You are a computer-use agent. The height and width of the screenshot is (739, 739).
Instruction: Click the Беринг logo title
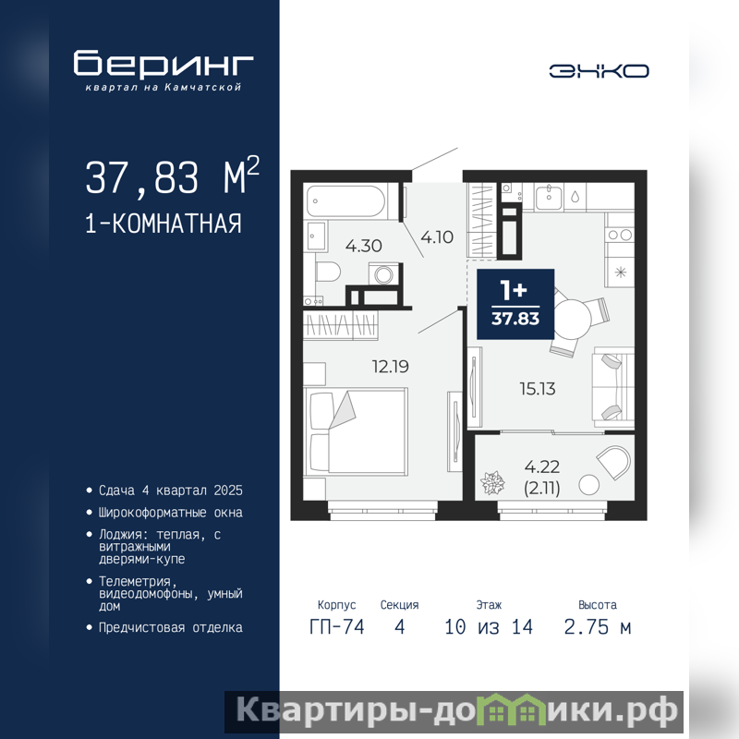[164, 63]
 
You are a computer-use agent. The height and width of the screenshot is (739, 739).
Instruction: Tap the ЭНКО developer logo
[599, 71]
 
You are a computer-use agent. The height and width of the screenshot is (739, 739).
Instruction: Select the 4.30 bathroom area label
[363, 246]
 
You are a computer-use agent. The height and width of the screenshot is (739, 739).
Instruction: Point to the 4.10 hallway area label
[437, 236]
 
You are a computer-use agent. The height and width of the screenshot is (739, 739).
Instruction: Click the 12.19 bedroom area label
[390, 366]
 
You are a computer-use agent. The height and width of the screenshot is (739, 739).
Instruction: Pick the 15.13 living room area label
[538, 389]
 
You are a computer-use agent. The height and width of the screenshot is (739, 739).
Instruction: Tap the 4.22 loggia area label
[542, 466]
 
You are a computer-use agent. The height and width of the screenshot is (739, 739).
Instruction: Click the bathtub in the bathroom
[346, 201]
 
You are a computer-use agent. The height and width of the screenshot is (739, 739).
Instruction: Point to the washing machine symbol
[383, 274]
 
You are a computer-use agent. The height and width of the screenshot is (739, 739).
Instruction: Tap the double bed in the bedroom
[356, 431]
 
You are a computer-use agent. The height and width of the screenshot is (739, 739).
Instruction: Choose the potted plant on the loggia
[492, 482]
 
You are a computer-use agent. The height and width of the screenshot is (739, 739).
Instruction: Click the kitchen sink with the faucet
[548, 197]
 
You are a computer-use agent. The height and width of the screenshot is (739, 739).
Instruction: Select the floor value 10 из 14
[489, 627]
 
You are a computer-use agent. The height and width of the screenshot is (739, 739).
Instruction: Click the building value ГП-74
[336, 627]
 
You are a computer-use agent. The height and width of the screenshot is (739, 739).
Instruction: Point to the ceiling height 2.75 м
[597, 627]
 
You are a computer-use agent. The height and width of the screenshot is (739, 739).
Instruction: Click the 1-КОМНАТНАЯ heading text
[164, 224]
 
